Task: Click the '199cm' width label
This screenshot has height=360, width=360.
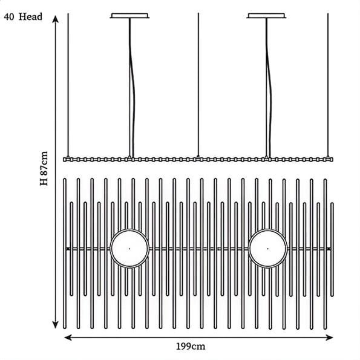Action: tap(191, 347)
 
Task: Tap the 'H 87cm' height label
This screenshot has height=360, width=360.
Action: tap(44, 168)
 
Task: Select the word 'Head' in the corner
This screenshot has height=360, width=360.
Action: tap(30, 17)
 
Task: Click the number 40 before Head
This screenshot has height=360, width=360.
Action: tap(9, 17)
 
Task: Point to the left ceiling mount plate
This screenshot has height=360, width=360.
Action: tap(129, 16)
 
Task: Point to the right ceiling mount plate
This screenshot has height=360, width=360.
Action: tap(266, 16)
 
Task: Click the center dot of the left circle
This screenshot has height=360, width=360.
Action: tap(129, 249)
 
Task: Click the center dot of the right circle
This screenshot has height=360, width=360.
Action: tap(267, 249)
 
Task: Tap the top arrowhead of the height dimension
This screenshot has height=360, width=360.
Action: tap(55, 19)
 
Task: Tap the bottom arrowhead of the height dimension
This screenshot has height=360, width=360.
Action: tap(55, 325)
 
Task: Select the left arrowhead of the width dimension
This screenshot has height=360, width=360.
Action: tap(68, 338)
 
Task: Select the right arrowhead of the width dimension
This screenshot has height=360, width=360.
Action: tap(329, 338)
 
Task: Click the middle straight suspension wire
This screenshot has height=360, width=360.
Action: tap(198, 85)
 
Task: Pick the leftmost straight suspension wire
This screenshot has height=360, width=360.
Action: tap(68, 85)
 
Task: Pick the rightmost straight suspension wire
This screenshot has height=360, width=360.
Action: tap(328, 85)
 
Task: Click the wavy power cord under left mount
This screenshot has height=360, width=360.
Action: tap(131, 87)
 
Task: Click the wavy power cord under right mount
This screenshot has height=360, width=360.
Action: tap(269, 87)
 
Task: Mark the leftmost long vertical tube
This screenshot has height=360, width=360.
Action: tap(65, 254)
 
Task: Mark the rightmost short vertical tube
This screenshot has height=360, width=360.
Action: tap(332, 249)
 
